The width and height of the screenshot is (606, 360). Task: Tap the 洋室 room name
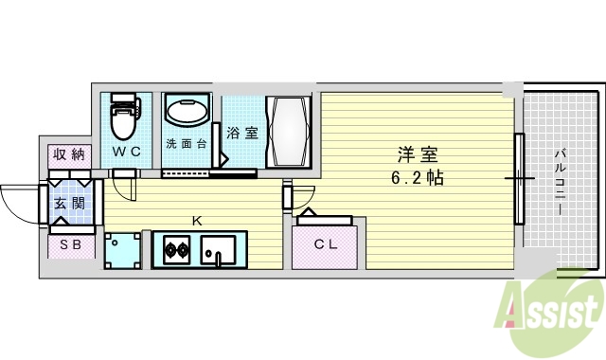418,153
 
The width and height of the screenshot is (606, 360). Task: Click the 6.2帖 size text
418,177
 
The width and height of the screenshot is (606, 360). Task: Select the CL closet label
327,244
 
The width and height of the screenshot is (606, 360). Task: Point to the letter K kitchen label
197,220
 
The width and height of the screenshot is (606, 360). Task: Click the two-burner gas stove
176,251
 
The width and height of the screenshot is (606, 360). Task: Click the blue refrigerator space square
123,250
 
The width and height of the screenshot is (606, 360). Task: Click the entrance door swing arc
19,204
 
